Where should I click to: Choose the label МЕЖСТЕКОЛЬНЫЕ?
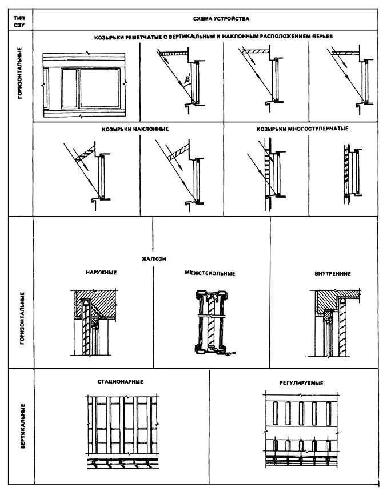click(x=210, y=273)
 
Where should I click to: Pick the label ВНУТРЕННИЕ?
click(x=332, y=273)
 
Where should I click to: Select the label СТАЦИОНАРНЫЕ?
click(x=120, y=382)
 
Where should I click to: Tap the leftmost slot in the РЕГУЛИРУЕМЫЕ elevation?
click(x=274, y=413)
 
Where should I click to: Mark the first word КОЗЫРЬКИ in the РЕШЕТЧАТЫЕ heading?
click(x=110, y=37)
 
